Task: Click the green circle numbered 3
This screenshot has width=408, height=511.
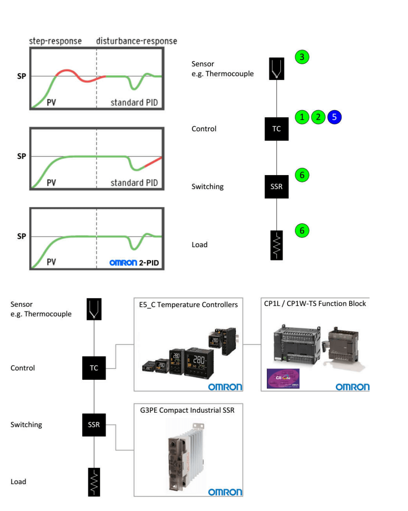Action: (x=302, y=57)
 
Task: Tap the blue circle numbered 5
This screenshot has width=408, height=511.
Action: (x=334, y=117)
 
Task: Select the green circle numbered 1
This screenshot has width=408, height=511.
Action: (x=302, y=117)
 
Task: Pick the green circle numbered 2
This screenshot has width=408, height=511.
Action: (x=318, y=117)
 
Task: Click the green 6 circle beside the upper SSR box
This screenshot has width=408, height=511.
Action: (x=302, y=175)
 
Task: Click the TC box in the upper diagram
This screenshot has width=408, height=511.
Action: (x=276, y=129)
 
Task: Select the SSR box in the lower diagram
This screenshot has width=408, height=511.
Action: (x=94, y=425)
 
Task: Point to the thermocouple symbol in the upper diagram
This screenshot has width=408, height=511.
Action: (x=276, y=69)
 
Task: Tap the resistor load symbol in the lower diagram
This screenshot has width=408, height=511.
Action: (x=94, y=482)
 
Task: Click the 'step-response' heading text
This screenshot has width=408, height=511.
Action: (x=55, y=41)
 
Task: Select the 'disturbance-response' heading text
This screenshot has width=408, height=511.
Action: (x=137, y=41)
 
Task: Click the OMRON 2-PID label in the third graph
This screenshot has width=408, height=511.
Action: (x=134, y=263)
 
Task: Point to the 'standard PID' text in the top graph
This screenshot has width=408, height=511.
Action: (x=134, y=103)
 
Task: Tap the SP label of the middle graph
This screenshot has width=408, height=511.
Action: (x=22, y=156)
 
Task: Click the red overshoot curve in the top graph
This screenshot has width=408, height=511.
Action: (x=68, y=71)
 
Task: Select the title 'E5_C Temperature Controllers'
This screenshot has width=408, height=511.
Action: (x=188, y=304)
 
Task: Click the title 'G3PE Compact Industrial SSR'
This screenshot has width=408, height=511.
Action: (x=187, y=410)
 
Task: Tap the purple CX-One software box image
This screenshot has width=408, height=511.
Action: (x=283, y=379)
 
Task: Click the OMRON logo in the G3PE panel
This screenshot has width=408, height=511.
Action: (x=225, y=492)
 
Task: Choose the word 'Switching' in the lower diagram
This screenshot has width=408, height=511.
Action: (x=26, y=425)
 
